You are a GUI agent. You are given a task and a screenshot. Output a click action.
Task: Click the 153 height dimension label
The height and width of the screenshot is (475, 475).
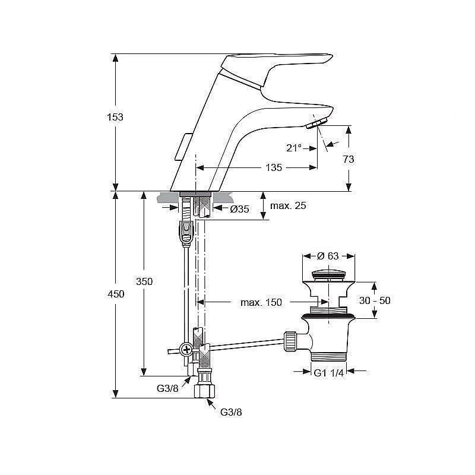tap(115, 117)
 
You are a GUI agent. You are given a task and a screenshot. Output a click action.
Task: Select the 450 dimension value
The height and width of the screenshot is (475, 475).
tap(116, 294)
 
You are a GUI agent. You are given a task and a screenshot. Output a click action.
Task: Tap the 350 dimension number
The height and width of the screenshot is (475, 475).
tap(144, 281)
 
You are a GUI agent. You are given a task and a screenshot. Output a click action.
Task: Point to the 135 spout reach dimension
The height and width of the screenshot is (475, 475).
tap(274, 167)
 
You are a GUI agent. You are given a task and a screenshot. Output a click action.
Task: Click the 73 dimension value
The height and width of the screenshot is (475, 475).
tap(349, 159)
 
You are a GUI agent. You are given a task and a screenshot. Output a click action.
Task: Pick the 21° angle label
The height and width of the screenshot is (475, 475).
tap(294, 148)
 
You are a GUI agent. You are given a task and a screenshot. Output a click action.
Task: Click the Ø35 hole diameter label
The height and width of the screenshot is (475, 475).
tap(239, 209)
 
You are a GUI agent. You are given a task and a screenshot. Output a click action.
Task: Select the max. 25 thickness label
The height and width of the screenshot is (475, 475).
tap(288, 206)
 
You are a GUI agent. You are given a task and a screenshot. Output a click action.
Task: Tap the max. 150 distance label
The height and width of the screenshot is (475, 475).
tap(261, 302)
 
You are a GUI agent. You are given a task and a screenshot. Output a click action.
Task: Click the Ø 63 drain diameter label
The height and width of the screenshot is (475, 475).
tap(328, 256)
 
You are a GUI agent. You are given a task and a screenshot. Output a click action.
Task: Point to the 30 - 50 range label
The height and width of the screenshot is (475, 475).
tap(375, 300)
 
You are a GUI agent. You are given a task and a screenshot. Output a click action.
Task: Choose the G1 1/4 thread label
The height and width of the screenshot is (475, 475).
tap(329, 373)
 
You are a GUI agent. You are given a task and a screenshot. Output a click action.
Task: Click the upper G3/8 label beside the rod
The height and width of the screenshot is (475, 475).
tap(167, 388)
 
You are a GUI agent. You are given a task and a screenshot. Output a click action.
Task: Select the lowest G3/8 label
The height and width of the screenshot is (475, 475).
tap(231, 412)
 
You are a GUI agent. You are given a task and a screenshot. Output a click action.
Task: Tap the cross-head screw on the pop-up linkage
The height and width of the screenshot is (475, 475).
tap(186, 350)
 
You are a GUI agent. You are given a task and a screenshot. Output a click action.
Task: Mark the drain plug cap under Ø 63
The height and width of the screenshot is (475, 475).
tap(329, 275)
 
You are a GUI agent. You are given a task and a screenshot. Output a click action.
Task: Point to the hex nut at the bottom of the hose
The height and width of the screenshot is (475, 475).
tap(204, 391)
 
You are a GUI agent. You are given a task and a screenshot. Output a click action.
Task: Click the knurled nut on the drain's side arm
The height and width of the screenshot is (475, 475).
tap(290, 341)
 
